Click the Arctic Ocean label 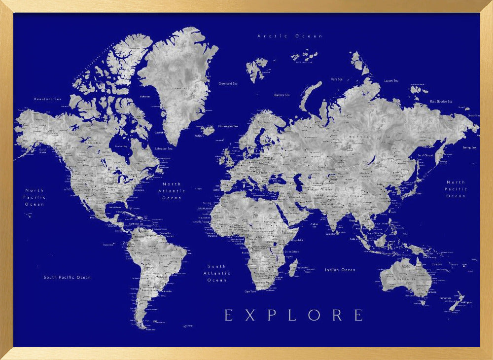click(290, 36)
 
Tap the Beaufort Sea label click(47, 99)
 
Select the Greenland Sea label click(228, 84)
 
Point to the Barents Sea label click(282, 95)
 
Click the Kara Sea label click(337, 79)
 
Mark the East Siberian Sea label click(441, 102)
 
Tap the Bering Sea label click(469, 147)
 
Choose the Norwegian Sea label click(228, 126)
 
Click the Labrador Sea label click(163, 148)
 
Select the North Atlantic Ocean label click(172, 191)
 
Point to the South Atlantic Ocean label click(217, 273)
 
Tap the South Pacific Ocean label click(67, 277)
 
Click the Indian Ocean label click(340, 270)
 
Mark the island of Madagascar click(292, 268)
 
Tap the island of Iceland click(208, 131)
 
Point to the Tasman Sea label click(445, 298)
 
